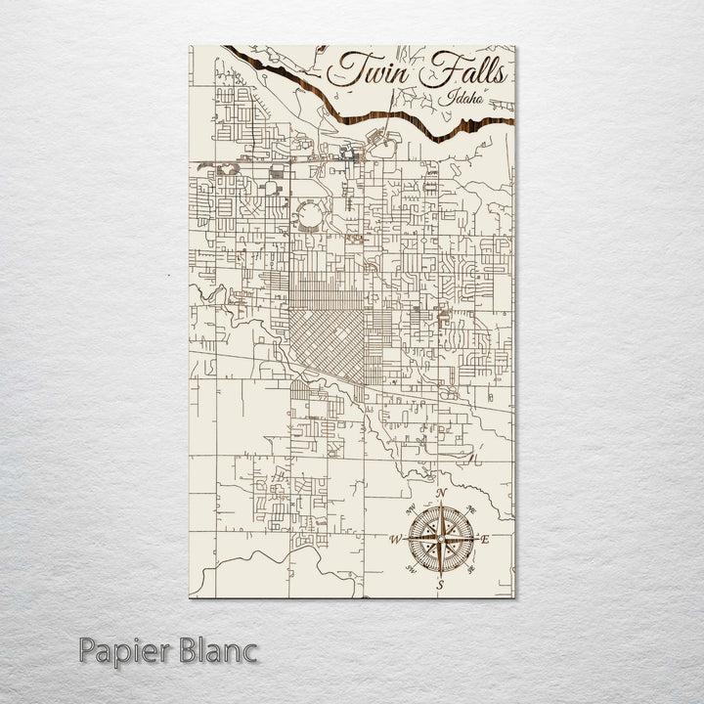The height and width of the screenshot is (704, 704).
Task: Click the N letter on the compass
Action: point(442,493)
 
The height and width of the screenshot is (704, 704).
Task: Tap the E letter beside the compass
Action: point(485,539)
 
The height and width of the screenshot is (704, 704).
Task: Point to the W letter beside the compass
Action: point(396,539)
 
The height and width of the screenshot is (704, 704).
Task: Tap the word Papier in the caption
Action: point(124,650)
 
